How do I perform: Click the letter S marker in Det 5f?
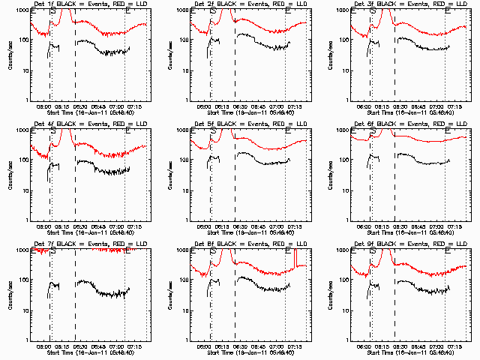click(213, 130)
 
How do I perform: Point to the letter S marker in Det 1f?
click(52, 10)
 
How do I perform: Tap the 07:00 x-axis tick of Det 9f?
click(437, 346)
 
